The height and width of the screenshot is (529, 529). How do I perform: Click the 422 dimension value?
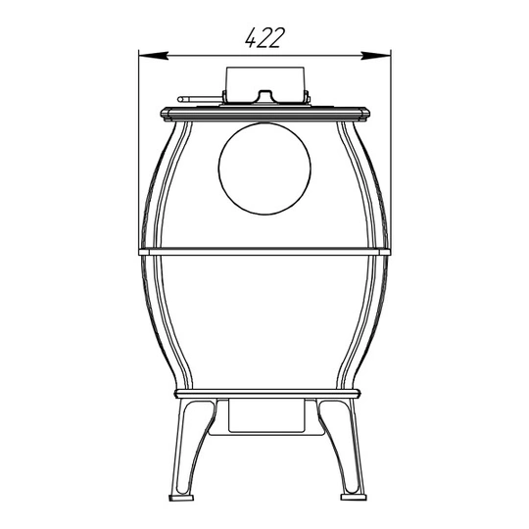(264, 37)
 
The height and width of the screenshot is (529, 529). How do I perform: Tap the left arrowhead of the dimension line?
(154, 56)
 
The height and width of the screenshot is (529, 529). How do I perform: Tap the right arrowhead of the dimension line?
(376, 56)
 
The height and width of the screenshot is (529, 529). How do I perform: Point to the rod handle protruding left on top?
(200, 99)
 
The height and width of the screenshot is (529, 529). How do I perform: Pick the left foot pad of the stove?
(181, 498)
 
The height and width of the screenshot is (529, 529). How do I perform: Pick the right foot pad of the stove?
(354, 498)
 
